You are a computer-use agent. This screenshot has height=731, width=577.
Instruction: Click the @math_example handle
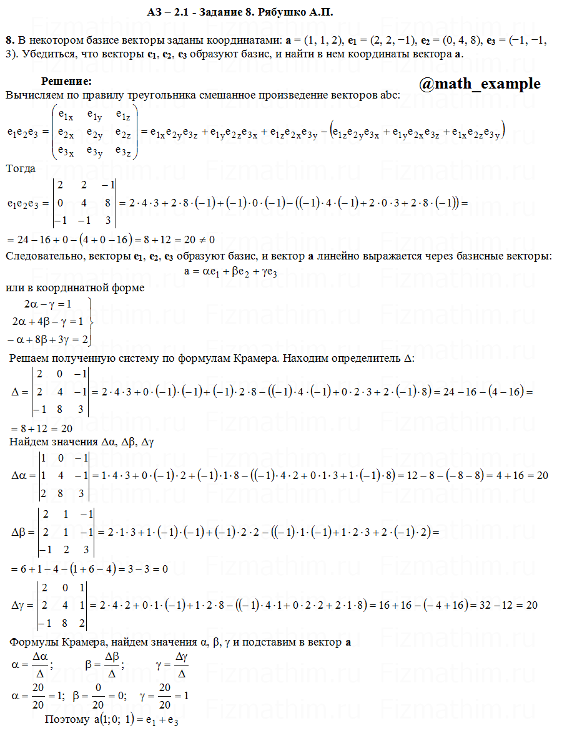click(x=480, y=84)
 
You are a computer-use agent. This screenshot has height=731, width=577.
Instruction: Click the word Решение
click(x=66, y=81)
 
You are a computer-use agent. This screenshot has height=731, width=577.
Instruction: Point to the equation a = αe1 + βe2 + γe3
click(x=240, y=271)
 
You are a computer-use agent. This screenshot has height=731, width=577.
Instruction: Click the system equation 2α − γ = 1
click(x=48, y=304)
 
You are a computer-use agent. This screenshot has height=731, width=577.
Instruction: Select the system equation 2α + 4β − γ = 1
click(x=47, y=322)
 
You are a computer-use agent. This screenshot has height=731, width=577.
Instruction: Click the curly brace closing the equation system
click(x=91, y=322)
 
